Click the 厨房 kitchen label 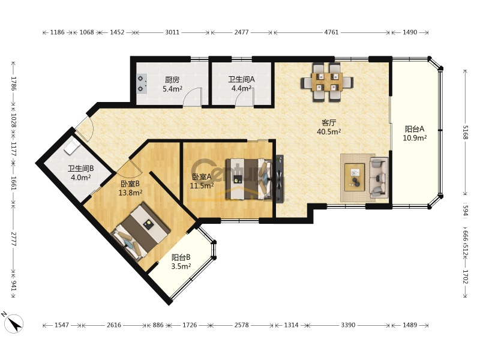point(172,80)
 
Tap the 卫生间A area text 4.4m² point(241,88)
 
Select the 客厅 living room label point(329,123)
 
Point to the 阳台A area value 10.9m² point(415,138)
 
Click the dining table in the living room point(327,82)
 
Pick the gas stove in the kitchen point(141,83)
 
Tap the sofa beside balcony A point(379,177)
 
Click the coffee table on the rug point(355,177)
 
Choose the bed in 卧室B point(140,232)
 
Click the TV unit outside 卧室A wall point(280,179)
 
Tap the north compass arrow point(13,323)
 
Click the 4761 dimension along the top point(331,32)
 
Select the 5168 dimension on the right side point(466,132)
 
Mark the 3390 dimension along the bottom point(348,325)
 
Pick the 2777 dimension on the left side point(13,239)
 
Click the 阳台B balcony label point(181,257)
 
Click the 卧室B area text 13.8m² point(130,193)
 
